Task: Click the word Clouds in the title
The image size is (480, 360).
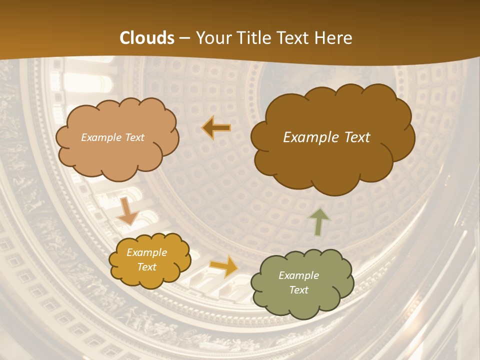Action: (147, 38)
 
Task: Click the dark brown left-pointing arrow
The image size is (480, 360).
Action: (216, 128)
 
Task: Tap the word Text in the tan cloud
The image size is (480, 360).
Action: (134, 137)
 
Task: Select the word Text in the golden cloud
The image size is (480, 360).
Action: (146, 267)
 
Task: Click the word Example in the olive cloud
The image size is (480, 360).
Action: (298, 275)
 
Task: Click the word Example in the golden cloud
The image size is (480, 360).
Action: (146, 253)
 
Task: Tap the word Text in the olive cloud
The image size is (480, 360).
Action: (298, 290)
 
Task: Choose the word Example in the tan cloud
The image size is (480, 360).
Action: (101, 137)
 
